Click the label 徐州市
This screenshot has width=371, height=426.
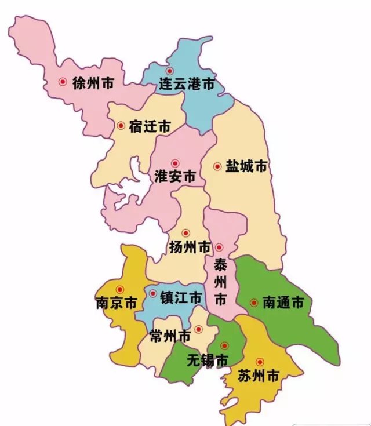point(93,83)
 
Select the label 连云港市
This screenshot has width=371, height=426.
point(187,85)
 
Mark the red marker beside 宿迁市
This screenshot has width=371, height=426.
point(121,125)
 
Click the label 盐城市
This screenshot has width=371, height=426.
point(247,166)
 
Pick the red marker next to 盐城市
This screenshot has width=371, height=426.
point(217,166)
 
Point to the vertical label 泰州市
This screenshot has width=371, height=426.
point(220,282)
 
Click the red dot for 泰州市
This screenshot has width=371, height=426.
point(219,248)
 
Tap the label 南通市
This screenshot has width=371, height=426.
point(283,303)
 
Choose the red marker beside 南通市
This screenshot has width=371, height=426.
point(253,302)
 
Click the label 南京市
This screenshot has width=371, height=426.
point(116,303)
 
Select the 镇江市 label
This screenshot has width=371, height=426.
point(180,298)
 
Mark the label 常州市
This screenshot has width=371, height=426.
point(169,336)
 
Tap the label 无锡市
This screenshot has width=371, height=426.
point(207,361)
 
